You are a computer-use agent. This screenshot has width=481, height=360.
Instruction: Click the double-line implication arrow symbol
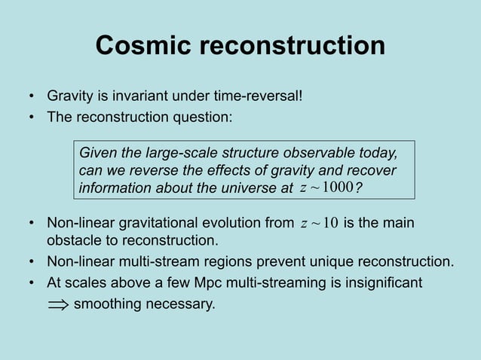coord(57,305)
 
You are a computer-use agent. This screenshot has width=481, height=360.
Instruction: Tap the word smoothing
coord(106,304)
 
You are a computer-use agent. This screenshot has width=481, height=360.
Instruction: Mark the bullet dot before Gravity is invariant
coord(32,97)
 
